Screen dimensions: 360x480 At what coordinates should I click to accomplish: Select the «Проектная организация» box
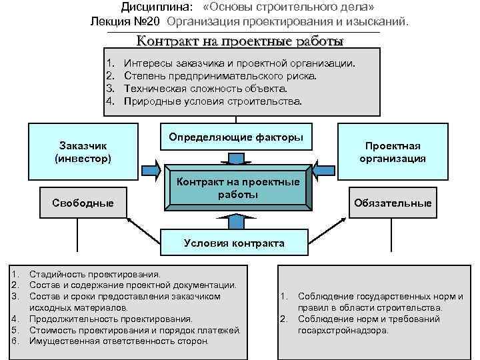pyautogui.click(x=393, y=152)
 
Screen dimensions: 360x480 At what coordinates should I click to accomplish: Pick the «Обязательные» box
pyautogui.click(x=393, y=203)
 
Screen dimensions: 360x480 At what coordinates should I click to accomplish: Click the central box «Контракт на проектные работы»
pyautogui.click(x=238, y=189)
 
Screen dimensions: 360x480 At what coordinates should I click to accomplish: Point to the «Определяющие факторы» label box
pyautogui.click(x=235, y=137)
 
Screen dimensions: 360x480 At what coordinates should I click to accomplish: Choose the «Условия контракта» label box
pyautogui.click(x=234, y=243)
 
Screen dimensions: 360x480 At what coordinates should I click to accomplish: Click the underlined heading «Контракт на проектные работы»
pyautogui.click(x=240, y=41)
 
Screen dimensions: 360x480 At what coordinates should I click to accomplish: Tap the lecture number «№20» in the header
pyautogui.click(x=150, y=22)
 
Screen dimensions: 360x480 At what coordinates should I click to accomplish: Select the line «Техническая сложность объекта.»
pyautogui.click(x=206, y=89)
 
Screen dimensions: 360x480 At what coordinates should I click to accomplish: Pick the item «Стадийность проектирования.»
pyautogui.click(x=95, y=273)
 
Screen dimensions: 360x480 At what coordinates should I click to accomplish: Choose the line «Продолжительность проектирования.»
pyautogui.click(x=111, y=319)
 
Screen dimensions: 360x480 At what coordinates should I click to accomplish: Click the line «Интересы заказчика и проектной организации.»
pyautogui.click(x=240, y=63)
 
